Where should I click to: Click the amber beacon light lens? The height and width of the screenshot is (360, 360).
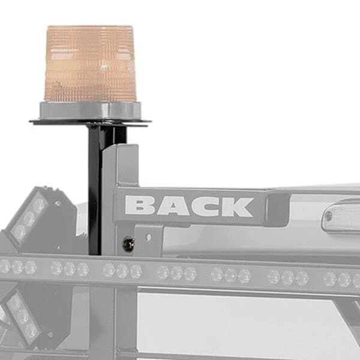[x=90, y=64]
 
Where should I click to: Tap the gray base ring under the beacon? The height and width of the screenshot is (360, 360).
[x=90, y=110]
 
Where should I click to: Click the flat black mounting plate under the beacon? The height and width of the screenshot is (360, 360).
[x=90, y=122]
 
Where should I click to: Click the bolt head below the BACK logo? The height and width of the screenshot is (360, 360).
[x=128, y=244]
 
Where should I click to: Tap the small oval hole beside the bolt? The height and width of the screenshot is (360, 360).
[x=149, y=237]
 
